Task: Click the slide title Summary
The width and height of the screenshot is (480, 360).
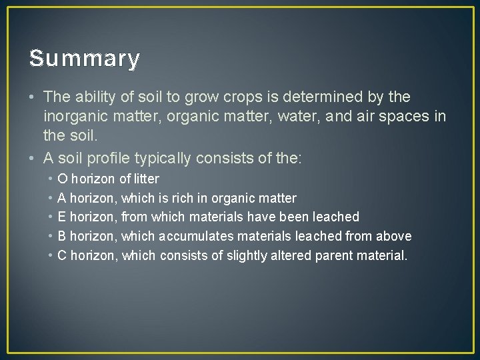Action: point(85,59)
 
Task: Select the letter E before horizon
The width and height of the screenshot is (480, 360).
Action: point(62,217)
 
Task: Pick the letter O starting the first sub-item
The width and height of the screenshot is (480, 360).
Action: point(63,179)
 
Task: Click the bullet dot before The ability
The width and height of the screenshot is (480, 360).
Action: point(32,97)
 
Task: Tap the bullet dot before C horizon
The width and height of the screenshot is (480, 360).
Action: point(50,255)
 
